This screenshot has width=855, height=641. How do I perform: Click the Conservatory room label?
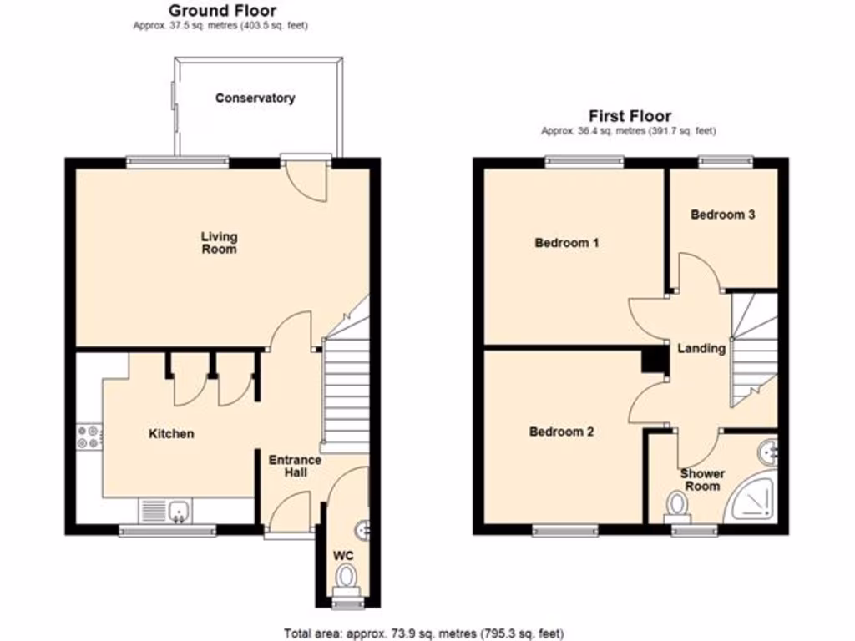click(255, 98)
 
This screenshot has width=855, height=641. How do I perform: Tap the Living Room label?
click(219, 243)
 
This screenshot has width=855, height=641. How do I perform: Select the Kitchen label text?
click(171, 433)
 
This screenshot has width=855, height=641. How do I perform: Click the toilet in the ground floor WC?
click(346, 575)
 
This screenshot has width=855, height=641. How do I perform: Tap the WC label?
click(344, 554)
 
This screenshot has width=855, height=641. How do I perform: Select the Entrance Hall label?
click(294, 466)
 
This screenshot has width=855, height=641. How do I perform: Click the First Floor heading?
click(630, 116)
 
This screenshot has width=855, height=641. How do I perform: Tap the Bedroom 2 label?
click(561, 432)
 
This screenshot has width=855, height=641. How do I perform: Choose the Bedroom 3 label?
click(722, 215)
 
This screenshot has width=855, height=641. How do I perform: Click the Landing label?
click(701, 348)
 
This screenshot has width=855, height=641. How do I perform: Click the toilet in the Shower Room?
click(677, 505)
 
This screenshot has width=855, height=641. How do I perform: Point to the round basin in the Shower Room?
click(767, 452)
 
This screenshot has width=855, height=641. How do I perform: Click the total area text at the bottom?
click(426, 633)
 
